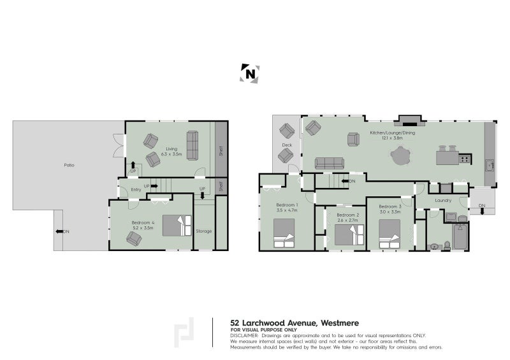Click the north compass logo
pyautogui.click(x=251, y=74)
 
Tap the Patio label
pyautogui.click(x=69, y=165)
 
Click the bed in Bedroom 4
pyautogui.click(x=177, y=227)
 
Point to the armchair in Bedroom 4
pyautogui.click(x=134, y=238)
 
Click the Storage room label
pyautogui.click(x=204, y=231)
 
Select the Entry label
pyautogui.click(x=136, y=189)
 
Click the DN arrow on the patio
pyautogui.click(x=61, y=231)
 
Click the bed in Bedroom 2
pyautogui.click(x=348, y=234)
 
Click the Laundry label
pyautogui.click(x=443, y=200)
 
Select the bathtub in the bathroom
pyautogui.click(x=460, y=237)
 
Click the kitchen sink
pyautogui.click(x=490, y=164)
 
